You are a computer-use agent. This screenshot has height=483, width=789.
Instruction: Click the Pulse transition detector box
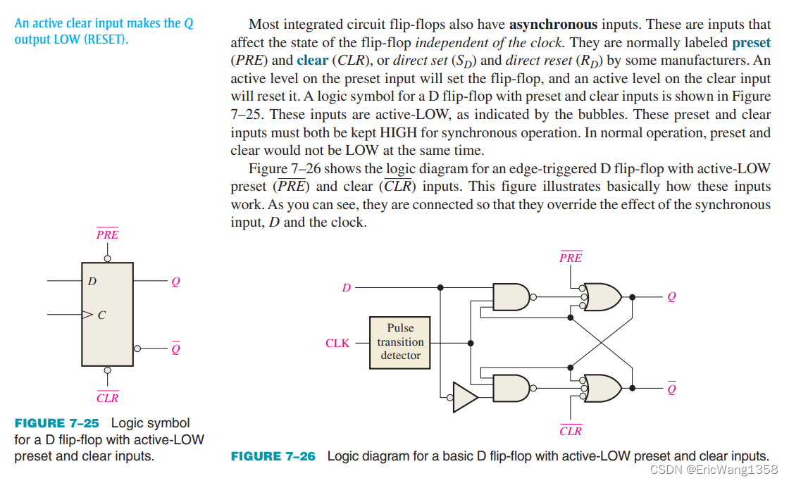point(400,342)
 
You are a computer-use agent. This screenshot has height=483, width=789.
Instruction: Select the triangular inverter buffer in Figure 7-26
point(465,397)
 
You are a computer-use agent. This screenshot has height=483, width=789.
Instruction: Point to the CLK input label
point(337,344)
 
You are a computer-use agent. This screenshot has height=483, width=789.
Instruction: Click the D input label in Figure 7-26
point(346,288)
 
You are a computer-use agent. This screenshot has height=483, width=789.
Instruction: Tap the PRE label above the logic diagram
point(571,258)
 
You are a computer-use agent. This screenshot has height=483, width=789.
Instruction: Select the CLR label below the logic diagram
point(571,430)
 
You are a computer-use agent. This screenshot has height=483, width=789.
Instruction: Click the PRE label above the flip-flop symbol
point(107,234)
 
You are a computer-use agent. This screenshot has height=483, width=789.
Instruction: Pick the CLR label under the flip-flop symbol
point(107,398)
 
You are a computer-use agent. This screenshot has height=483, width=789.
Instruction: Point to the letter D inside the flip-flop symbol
point(92,282)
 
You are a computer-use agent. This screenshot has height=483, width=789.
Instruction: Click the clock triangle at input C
point(87,314)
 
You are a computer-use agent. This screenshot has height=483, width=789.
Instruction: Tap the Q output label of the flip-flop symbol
point(175,282)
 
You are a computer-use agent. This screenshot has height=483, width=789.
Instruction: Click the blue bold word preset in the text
point(751,42)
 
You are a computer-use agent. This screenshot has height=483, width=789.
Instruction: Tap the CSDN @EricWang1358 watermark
point(714,470)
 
